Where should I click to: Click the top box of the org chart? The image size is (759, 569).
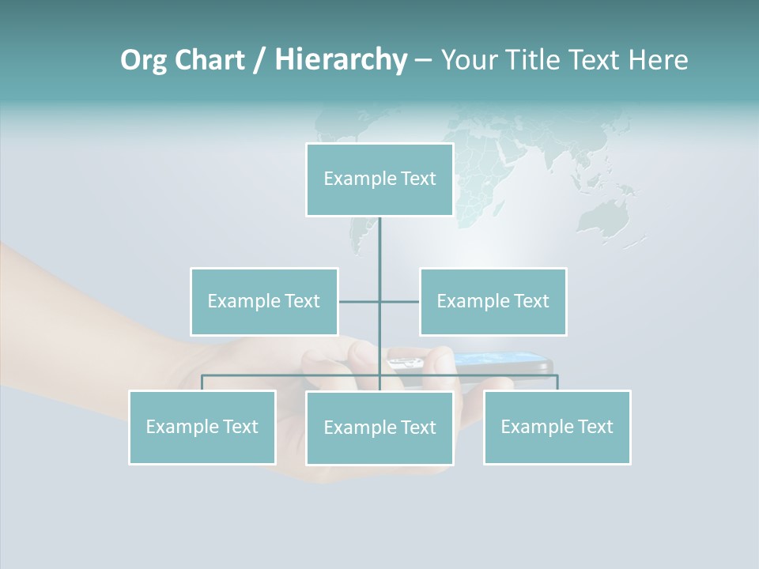click(379, 179)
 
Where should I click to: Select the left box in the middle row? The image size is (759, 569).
click(264, 301)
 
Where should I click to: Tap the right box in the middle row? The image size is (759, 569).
click(493, 301)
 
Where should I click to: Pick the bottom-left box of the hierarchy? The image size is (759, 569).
click(202, 427)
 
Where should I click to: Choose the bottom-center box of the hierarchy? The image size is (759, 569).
click(379, 428)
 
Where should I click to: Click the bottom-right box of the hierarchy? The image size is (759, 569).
click(557, 427)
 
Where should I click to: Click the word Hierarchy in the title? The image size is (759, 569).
click(341, 59)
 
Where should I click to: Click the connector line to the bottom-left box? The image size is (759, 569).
click(202, 382)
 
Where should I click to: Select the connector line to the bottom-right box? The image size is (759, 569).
click(557, 382)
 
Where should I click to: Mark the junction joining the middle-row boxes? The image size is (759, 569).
click(379, 301)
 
